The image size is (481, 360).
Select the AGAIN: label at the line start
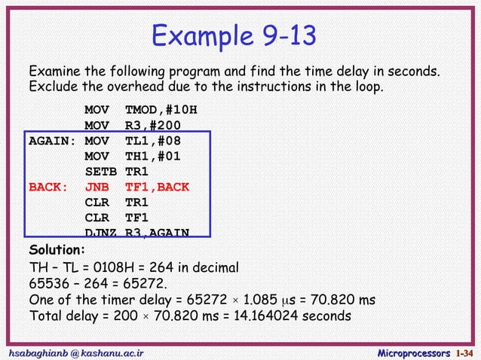click(53, 141)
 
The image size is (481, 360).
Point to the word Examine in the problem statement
click(54, 72)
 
